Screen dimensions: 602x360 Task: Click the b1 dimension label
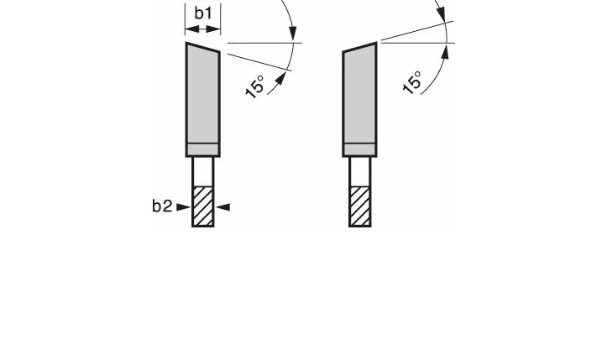pyautogui.click(x=203, y=13)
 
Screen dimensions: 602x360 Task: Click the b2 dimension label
pyautogui.click(x=162, y=206)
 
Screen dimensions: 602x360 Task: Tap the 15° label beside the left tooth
pyautogui.click(x=255, y=87)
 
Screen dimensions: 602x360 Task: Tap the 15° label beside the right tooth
pyautogui.click(x=412, y=82)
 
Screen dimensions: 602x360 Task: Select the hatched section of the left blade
pyautogui.click(x=202, y=206)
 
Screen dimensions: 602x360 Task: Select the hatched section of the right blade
pyautogui.click(x=359, y=206)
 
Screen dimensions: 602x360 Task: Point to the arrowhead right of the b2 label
pyautogui.click(x=183, y=207)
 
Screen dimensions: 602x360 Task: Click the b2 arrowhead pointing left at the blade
pyautogui.click(x=223, y=207)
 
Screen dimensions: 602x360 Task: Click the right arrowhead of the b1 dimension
pyautogui.click(x=213, y=29)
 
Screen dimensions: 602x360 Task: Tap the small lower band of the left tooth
pyautogui.click(x=202, y=149)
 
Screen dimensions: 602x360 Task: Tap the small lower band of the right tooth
pyautogui.click(x=359, y=149)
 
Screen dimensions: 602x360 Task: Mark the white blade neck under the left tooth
pyautogui.click(x=202, y=172)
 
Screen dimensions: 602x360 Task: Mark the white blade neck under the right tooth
pyautogui.click(x=359, y=172)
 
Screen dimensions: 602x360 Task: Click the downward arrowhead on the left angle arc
pyautogui.click(x=293, y=33)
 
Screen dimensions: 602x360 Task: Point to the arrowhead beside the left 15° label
pyautogui.click(x=280, y=78)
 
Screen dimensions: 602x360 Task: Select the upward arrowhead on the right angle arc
pyautogui.click(x=445, y=52)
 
